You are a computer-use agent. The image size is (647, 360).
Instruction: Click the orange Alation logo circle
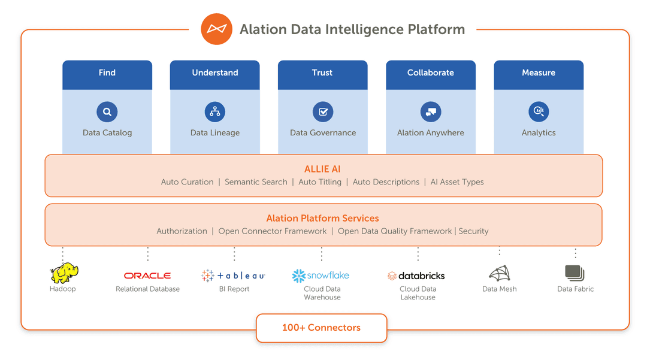[216, 29]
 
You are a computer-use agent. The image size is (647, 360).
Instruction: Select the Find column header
[107, 73]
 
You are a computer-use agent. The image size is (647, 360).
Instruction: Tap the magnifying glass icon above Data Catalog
[107, 111]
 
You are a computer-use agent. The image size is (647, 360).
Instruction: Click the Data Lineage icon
[215, 111]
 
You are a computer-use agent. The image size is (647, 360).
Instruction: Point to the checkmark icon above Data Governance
[323, 111]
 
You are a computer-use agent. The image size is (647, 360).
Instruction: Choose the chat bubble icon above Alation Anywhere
[431, 111]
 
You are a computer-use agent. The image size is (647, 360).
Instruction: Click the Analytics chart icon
[539, 111]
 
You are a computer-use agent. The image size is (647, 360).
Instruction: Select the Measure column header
[539, 73]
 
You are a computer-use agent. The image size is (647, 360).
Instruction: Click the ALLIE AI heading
[322, 170]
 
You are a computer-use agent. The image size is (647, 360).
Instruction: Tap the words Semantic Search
[256, 182]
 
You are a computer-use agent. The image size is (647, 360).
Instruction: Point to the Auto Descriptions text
[386, 182]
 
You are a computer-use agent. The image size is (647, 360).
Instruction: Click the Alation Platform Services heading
[322, 219]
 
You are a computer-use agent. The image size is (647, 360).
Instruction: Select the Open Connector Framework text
[273, 231]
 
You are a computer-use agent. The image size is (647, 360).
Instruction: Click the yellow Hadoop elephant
[64, 273]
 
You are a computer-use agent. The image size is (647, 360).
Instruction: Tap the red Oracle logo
[147, 276]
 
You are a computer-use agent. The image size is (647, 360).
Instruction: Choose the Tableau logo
[233, 276]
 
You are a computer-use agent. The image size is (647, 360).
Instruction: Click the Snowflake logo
[321, 276]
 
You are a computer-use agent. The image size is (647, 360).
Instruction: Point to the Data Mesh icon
[499, 274]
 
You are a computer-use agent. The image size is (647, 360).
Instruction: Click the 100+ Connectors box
[322, 328]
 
